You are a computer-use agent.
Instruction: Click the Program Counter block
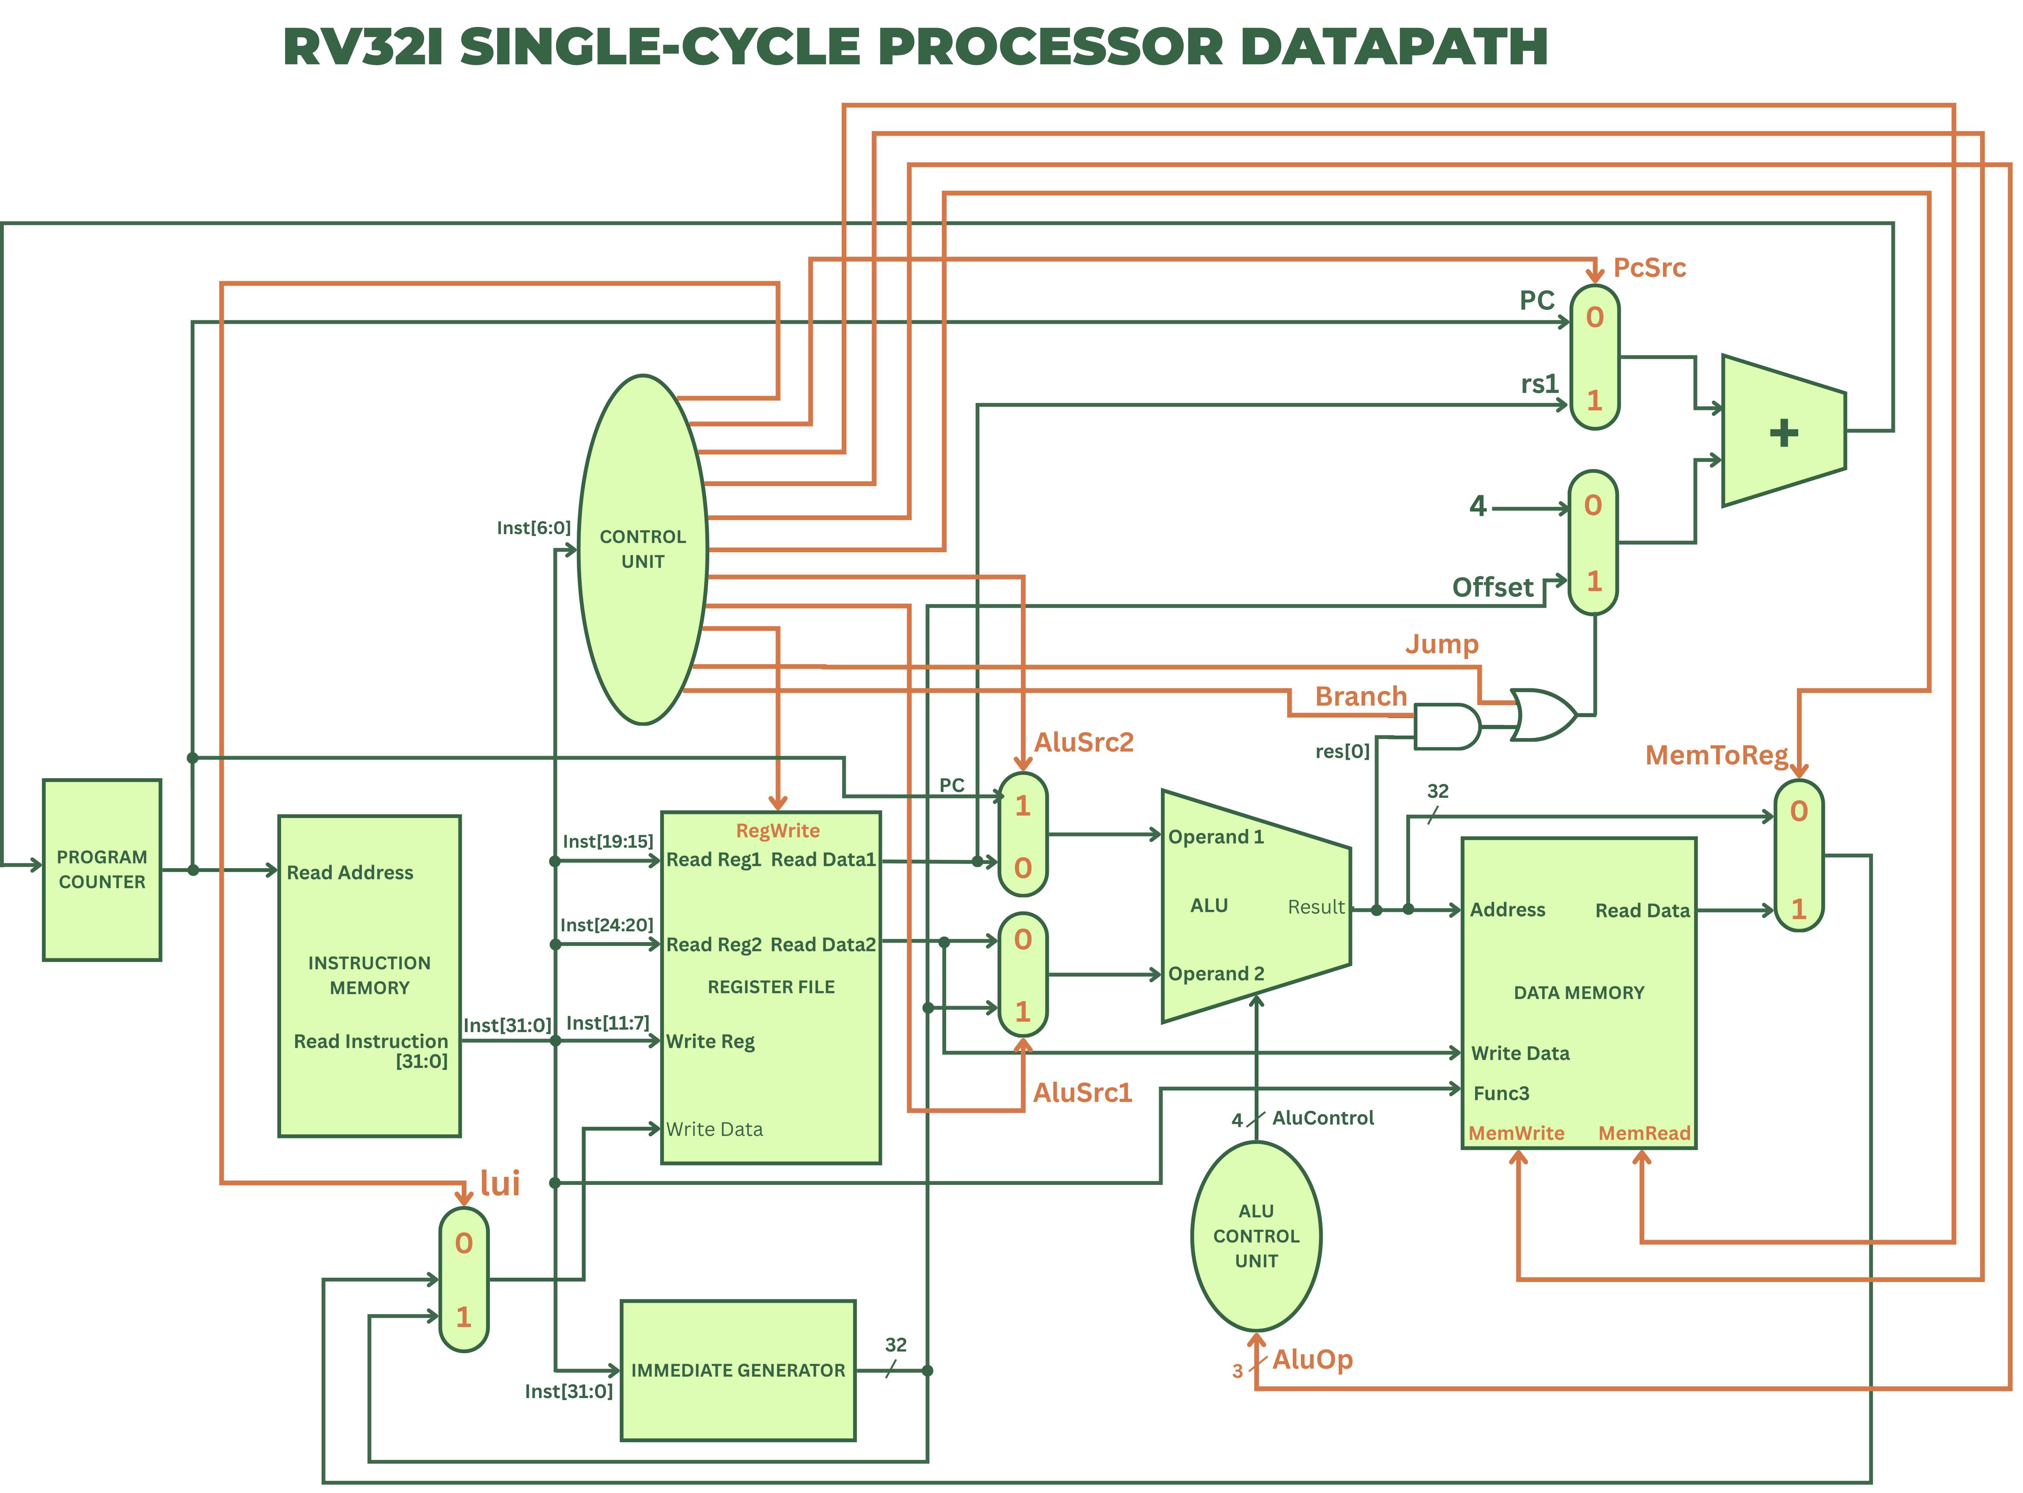[x=102, y=869]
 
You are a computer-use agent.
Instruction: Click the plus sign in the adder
[x=1783, y=433]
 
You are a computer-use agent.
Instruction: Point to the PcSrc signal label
[x=1649, y=267]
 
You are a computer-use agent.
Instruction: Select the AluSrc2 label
[x=1083, y=742]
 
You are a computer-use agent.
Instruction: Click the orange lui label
[x=500, y=1183]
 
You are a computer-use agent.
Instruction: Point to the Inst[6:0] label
[x=533, y=528]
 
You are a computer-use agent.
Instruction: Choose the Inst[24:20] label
[x=606, y=924]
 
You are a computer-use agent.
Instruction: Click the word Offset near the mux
[x=1493, y=588]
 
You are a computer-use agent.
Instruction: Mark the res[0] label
[x=1342, y=751]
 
